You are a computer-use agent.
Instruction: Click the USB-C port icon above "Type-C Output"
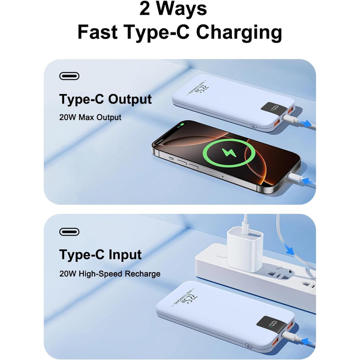point(69,77)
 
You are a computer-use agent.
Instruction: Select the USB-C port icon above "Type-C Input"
point(69,232)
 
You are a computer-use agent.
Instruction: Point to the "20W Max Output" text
point(90,117)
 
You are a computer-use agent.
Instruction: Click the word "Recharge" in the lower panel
point(141,274)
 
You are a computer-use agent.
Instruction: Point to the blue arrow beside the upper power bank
point(308,123)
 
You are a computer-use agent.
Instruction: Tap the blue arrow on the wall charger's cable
point(290,251)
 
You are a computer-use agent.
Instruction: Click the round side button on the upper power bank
point(253,125)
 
